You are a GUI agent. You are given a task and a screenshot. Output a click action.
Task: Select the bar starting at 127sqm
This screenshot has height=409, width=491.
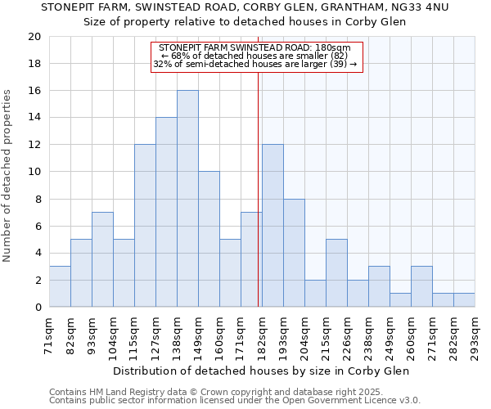pos(166,212)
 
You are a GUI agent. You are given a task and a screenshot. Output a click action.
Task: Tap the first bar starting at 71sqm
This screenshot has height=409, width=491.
pos(60,286)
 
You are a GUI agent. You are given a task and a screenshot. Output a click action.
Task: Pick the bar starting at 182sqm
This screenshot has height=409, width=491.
pos(273,226)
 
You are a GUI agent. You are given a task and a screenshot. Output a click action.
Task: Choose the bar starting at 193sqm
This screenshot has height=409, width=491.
pos(294,253)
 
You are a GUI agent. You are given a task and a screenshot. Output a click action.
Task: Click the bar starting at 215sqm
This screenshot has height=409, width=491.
pos(336,273)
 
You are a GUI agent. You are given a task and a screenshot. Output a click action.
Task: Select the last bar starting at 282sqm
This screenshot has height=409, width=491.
pos(464,300)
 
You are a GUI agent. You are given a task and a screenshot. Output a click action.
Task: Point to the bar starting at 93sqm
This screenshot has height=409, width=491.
pos(102,259)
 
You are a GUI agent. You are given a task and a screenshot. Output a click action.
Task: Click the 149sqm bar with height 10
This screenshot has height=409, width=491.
pos(209,239)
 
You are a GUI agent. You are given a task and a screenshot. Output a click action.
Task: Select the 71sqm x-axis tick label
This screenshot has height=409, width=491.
pos(50,335)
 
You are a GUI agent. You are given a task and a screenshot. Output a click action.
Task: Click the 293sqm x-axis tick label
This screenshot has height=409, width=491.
pos(475,335)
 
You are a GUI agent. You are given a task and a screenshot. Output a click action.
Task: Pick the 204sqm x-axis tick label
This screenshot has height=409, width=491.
pos(305,335)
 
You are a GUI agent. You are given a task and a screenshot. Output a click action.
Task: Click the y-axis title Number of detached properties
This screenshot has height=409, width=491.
pos(8,176)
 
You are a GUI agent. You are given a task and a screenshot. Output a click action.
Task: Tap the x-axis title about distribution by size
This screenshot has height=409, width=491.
pos(261,371)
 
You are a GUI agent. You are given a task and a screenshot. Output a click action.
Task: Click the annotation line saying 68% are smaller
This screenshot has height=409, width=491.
pos(255,56)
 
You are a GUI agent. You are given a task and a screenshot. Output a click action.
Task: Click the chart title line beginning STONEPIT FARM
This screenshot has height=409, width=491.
pos(245,7)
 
